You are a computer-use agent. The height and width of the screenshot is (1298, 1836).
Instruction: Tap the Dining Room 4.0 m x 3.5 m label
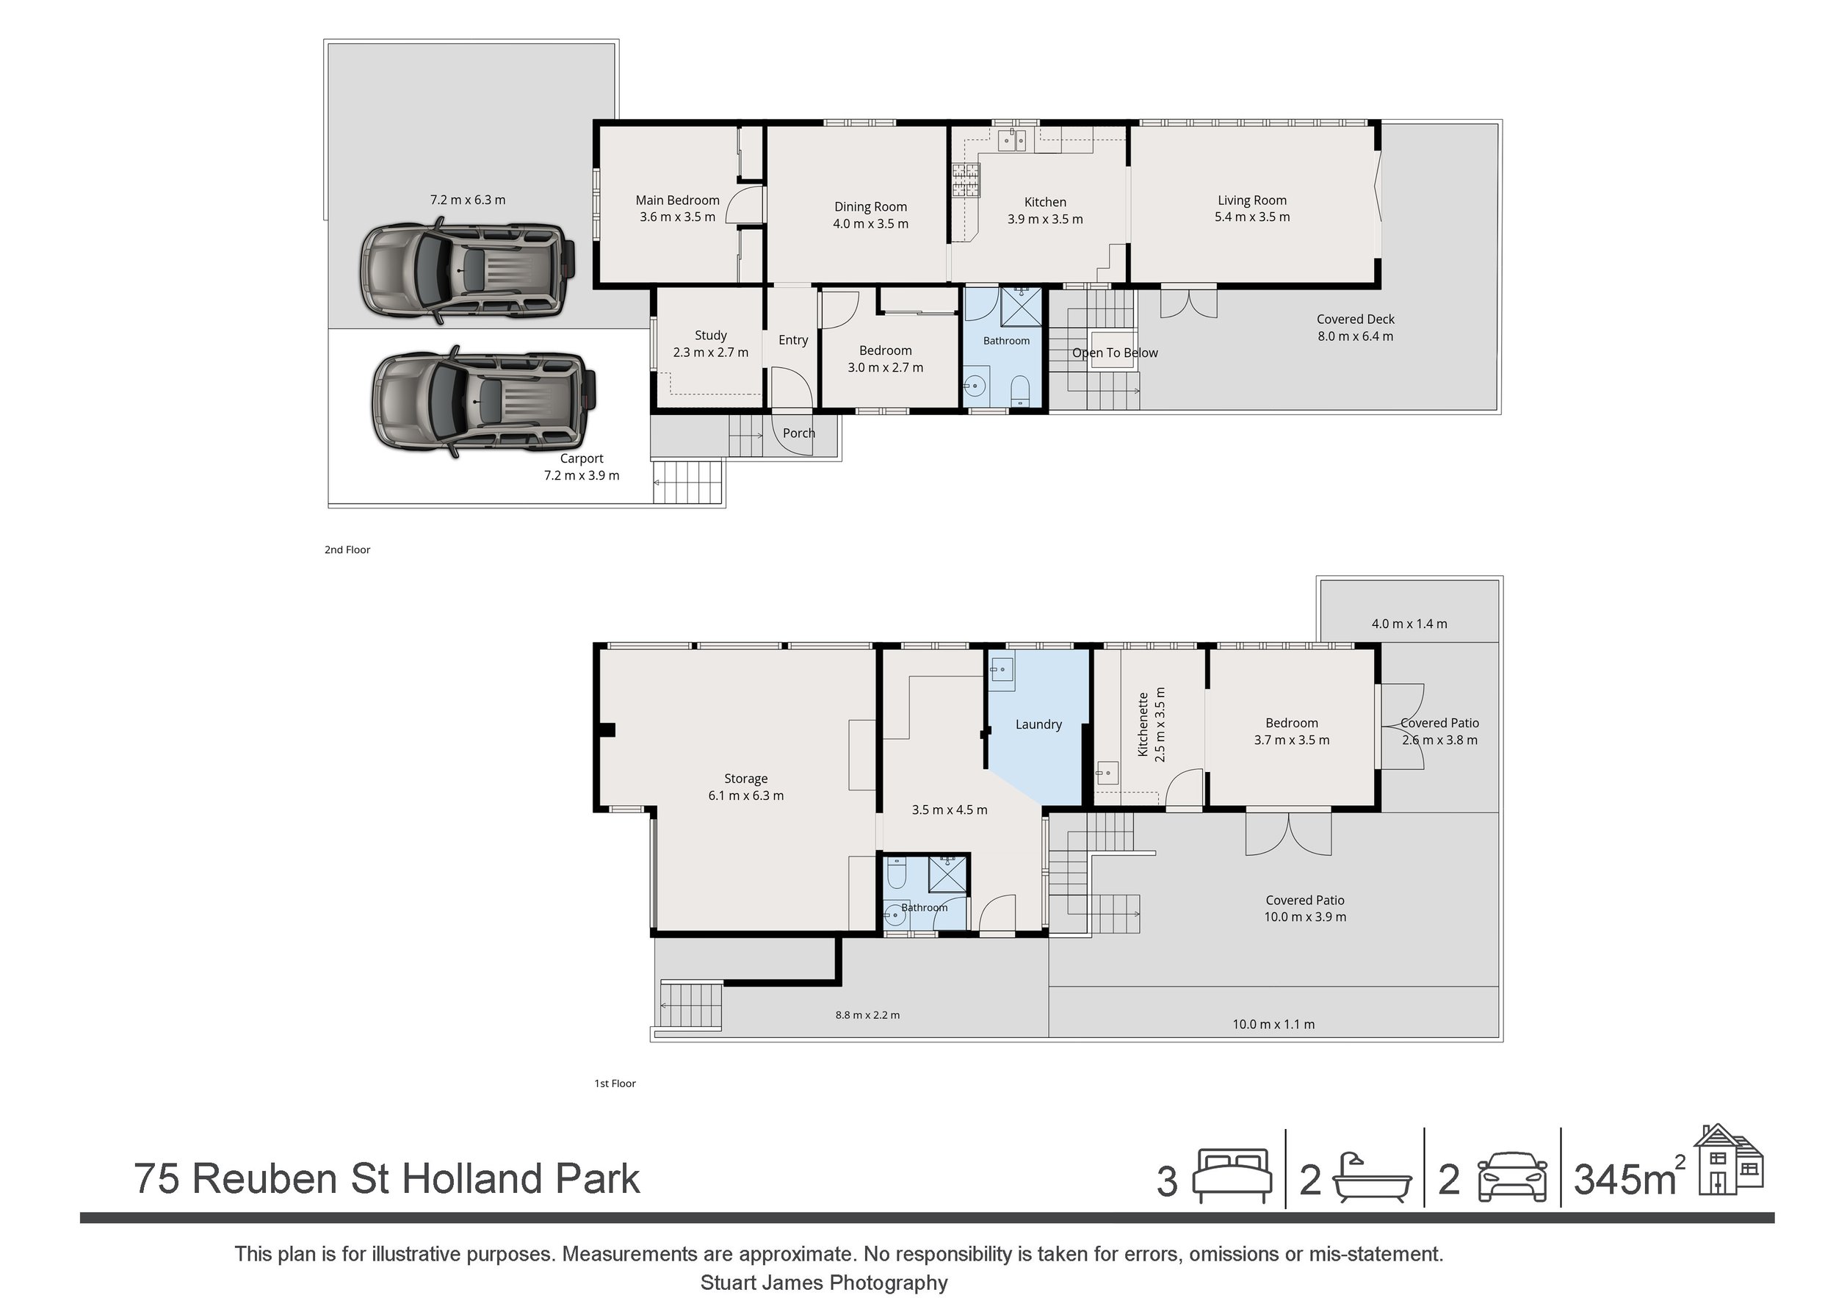click(871, 215)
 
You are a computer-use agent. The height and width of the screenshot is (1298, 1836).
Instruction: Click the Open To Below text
click(1115, 353)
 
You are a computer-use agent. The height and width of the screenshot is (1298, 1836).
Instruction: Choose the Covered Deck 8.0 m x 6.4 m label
click(1356, 328)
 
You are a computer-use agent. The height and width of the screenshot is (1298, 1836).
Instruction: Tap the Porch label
click(799, 433)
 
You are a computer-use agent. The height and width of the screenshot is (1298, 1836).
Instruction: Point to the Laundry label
click(1038, 724)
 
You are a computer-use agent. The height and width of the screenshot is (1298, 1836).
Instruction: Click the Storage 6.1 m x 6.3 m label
click(746, 787)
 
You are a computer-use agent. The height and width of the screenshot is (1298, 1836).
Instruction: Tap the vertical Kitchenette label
click(1143, 724)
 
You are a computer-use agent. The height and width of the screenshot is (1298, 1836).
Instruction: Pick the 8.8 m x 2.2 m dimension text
click(867, 1015)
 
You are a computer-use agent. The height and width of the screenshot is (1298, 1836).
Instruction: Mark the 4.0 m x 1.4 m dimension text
click(1410, 624)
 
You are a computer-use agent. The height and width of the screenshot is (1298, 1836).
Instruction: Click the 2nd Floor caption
click(347, 549)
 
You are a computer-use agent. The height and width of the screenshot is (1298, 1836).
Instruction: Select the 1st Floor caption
click(615, 1084)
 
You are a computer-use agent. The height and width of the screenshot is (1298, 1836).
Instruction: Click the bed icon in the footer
click(1232, 1175)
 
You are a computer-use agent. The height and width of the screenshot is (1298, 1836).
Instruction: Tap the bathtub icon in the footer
click(1372, 1178)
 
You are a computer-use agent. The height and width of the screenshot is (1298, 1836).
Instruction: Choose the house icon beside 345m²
click(1728, 1159)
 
